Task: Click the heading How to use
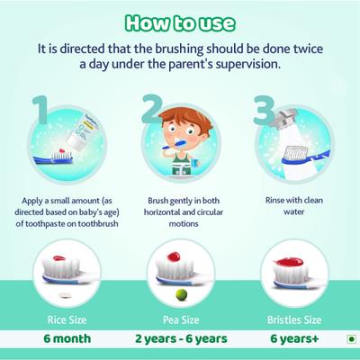(x=180, y=20)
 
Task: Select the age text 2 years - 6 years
(x=179, y=340)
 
